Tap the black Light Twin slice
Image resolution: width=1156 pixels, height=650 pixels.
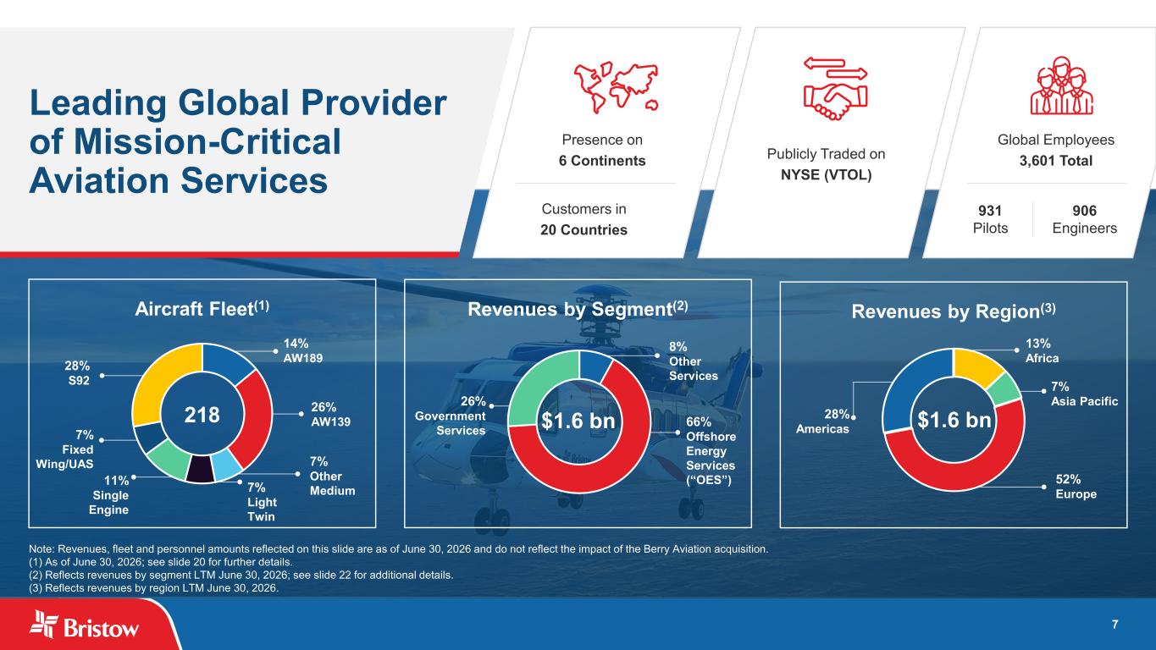[x=200, y=469]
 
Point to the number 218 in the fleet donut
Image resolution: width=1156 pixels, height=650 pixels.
[x=202, y=415]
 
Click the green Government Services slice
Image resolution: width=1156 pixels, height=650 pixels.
[x=538, y=388]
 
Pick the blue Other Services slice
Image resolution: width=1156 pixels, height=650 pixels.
[x=595, y=366]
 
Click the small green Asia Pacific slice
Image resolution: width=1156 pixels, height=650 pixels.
[x=1004, y=390]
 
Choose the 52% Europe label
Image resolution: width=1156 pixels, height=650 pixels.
[x=1076, y=487]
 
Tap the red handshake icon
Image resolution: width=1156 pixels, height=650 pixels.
[x=835, y=88]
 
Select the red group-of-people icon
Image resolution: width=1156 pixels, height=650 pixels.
[x=1061, y=85]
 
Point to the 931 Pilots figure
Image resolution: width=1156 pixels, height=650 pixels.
[x=990, y=219]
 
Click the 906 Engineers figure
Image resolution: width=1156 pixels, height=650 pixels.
[x=1084, y=219]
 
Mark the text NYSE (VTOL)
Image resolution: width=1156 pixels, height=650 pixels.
[x=826, y=175]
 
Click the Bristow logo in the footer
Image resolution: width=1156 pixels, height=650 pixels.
[x=84, y=625]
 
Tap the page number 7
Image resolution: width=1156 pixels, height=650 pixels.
[x=1115, y=625]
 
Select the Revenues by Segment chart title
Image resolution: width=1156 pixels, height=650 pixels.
[x=578, y=308]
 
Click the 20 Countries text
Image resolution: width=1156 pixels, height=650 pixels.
[x=584, y=230]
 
